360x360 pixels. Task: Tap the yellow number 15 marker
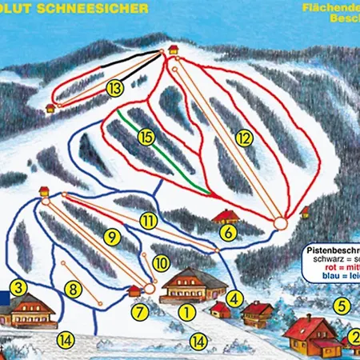145,137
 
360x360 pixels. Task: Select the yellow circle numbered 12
244,137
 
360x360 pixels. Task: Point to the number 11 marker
148,220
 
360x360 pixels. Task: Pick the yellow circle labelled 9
111,236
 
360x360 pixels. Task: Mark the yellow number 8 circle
74,290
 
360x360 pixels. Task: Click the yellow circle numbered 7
141,310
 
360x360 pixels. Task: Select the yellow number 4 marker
234,299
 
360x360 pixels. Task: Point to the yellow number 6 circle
228,233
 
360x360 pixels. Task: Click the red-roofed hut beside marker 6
227,216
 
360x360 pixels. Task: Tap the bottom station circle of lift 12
279,222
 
